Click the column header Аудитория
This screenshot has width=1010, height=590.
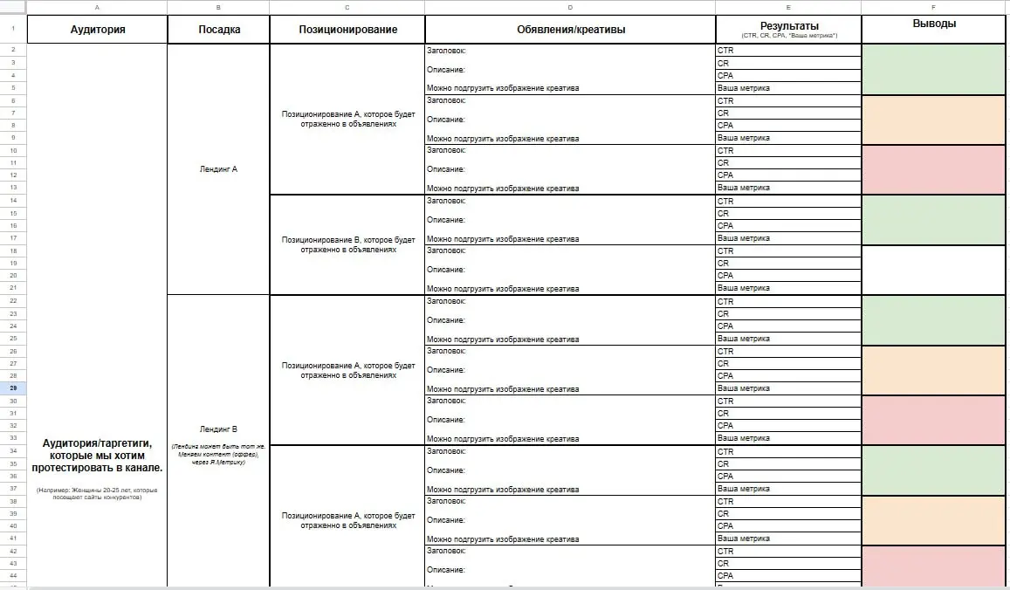pos(97,30)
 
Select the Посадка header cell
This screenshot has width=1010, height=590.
pos(218,30)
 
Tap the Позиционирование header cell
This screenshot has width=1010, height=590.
pos(347,30)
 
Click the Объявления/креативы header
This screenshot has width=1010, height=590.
pos(570,30)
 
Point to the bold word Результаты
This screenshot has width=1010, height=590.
pos(788,26)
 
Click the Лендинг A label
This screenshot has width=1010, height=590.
pos(218,169)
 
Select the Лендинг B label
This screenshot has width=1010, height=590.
pos(218,429)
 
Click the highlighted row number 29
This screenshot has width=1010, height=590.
pos(13,388)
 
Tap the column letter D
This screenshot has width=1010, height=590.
pos(570,8)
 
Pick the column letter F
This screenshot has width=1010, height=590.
pos(934,8)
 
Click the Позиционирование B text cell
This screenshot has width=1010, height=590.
pos(347,244)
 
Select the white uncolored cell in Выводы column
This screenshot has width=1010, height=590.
pos(934,270)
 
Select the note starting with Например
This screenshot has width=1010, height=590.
pos(97,494)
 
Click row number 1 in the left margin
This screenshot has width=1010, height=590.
pos(13,30)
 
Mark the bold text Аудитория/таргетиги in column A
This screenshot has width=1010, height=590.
pos(97,456)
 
